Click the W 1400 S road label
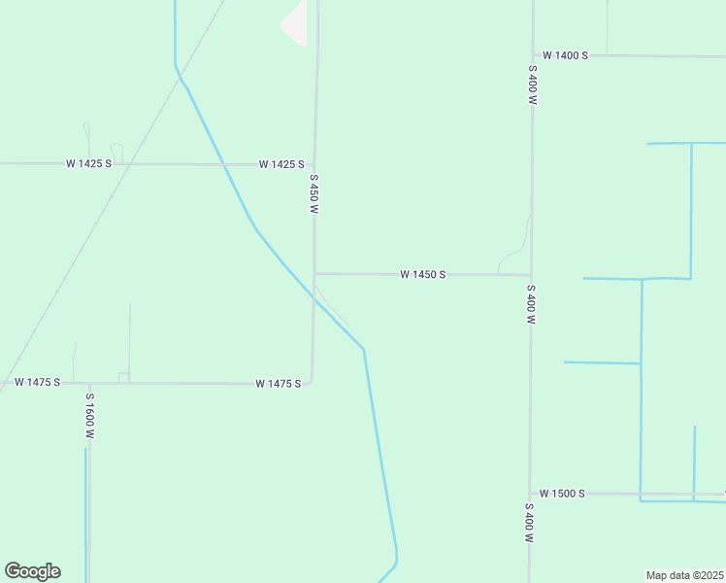pyautogui.click(x=565, y=55)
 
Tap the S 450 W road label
pyautogui.click(x=313, y=194)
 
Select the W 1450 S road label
pyautogui.click(x=422, y=275)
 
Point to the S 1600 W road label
pyautogui.click(x=89, y=416)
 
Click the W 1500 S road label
pyautogui.click(x=562, y=494)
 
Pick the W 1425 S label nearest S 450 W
pyautogui.click(x=281, y=164)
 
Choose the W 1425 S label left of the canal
pyautogui.click(x=88, y=163)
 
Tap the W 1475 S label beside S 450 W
pyautogui.click(x=279, y=384)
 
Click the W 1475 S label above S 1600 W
pyautogui.click(x=38, y=383)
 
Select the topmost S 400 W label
pyautogui.click(x=533, y=85)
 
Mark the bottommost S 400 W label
pyautogui.click(x=529, y=523)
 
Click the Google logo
pyautogui.click(x=32, y=571)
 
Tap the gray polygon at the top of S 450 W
pyautogui.click(x=295, y=23)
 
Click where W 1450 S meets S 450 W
pyautogui.click(x=314, y=273)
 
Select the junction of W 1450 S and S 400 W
pyautogui.click(x=531, y=275)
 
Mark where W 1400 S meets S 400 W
pyautogui.click(x=533, y=55)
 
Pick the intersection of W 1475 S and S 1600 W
pyautogui.click(x=88, y=383)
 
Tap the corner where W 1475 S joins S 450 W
pyautogui.click(x=310, y=381)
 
